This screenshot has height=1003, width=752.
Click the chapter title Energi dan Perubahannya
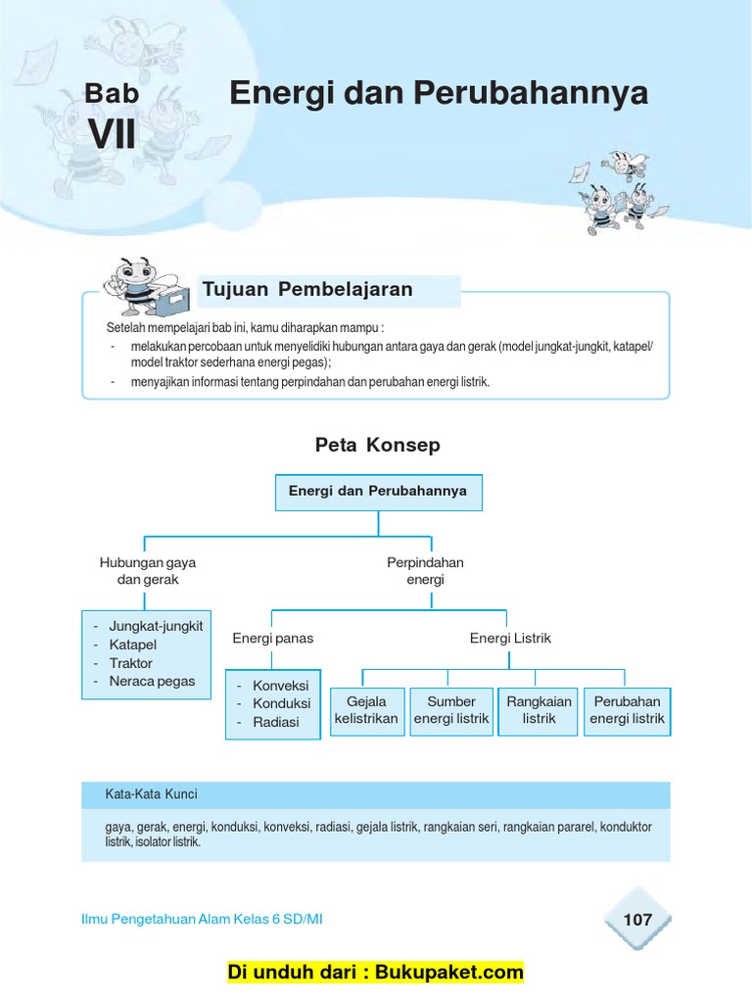pyautogui.click(x=439, y=94)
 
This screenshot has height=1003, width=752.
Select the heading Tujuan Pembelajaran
pyautogui.click(x=306, y=289)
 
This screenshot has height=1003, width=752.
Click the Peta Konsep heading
pyautogui.click(x=377, y=445)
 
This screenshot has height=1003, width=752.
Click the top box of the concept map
pyautogui.click(x=378, y=492)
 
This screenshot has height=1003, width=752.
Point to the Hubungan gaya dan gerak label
pyautogui.click(x=147, y=571)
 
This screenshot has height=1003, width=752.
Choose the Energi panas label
pyautogui.click(x=272, y=638)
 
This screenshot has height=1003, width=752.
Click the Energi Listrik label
pyautogui.click(x=510, y=638)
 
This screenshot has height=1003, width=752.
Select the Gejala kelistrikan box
pyautogui.click(x=366, y=710)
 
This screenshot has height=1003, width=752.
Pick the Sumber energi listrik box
pyautogui.click(x=450, y=710)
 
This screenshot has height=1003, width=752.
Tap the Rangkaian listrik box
pyautogui.click(x=539, y=710)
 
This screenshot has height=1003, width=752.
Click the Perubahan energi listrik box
pyautogui.click(x=627, y=710)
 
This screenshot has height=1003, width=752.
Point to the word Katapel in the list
pyautogui.click(x=133, y=645)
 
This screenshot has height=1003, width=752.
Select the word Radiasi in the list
pyautogui.click(x=276, y=722)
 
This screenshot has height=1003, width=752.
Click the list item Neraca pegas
pyautogui.click(x=152, y=682)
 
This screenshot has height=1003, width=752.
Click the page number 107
pyautogui.click(x=636, y=920)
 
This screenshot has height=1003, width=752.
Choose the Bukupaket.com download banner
pyautogui.click(x=376, y=973)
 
